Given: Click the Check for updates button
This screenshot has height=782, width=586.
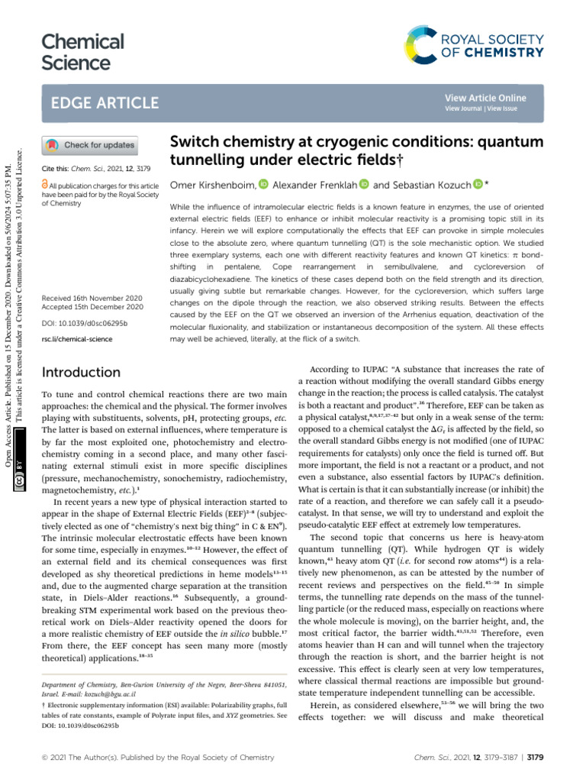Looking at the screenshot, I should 91,144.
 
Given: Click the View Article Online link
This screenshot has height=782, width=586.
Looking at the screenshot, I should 485,98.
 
